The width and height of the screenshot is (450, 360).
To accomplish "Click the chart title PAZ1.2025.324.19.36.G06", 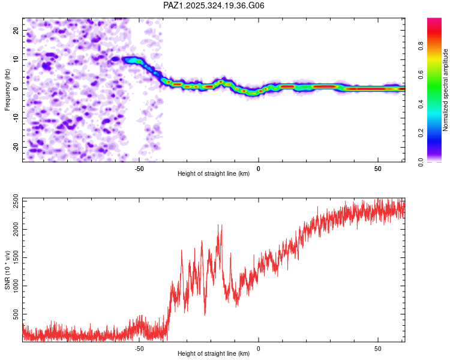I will [214, 5].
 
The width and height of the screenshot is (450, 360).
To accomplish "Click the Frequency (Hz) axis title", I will [8, 89].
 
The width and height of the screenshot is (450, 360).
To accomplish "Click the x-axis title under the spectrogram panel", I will [214, 174].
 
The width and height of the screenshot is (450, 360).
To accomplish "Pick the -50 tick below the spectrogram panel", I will [139, 169].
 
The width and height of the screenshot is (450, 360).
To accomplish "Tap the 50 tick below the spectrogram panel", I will [378, 169].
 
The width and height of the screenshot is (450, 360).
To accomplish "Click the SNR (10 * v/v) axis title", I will [8, 270].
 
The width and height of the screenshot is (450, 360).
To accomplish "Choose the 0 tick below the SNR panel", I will [259, 349].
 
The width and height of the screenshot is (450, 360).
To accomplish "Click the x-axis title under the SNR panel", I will [214, 354].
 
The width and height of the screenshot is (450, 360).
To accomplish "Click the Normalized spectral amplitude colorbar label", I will [446, 90].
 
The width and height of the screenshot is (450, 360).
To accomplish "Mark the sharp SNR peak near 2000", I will [220, 225].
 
